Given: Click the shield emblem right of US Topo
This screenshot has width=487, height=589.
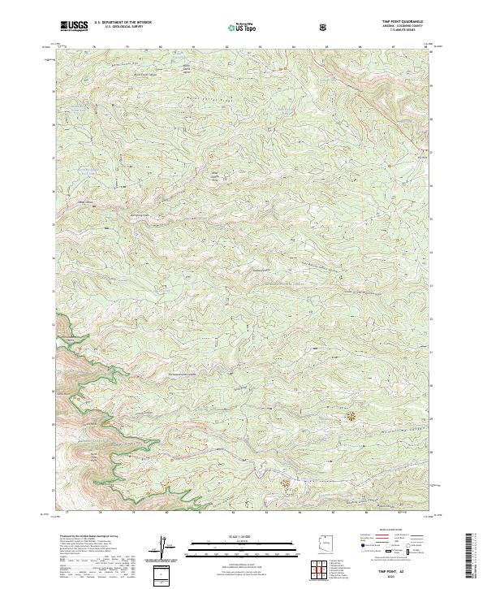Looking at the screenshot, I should point(325,27).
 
